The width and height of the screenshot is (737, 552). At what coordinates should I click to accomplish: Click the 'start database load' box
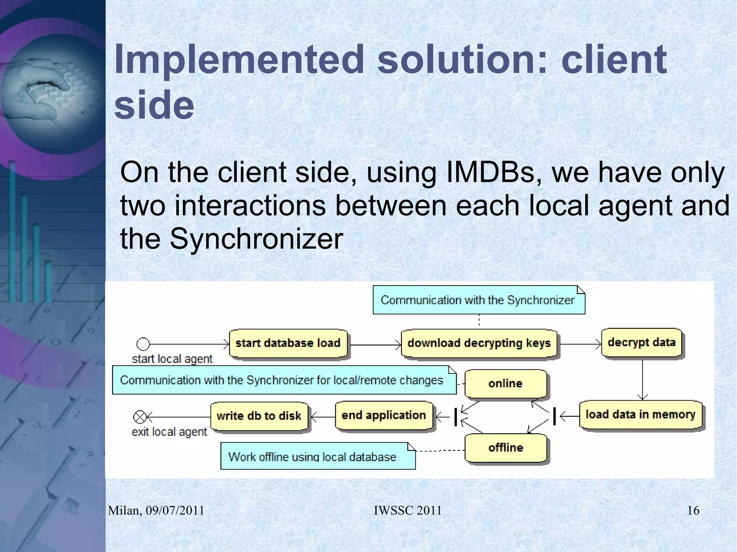[x=288, y=343]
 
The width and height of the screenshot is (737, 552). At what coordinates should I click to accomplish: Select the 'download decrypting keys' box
[x=479, y=343]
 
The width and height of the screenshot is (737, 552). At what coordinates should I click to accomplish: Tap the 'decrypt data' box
[x=642, y=342]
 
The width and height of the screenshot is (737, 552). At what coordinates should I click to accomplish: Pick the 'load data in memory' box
[x=641, y=415]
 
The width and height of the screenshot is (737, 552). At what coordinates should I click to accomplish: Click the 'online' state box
[x=505, y=384]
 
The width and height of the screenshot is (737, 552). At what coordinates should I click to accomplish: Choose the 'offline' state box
[x=506, y=448]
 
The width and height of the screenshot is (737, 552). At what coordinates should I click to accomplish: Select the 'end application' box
[x=384, y=415]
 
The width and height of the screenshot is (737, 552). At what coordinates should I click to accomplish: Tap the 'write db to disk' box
[x=259, y=416]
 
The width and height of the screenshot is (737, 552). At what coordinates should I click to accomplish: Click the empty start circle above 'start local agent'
[x=143, y=344]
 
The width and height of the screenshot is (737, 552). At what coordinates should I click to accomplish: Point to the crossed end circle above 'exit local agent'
[x=140, y=417]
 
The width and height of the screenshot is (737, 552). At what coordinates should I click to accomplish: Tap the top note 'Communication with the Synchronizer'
[x=478, y=300]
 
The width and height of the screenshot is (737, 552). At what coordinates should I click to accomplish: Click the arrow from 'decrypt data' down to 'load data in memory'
[x=642, y=379]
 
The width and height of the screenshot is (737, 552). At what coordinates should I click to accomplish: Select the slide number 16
[x=693, y=510]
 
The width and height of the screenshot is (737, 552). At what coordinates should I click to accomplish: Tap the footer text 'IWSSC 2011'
[x=407, y=510]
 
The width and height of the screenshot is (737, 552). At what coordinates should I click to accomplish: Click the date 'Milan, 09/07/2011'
[x=156, y=510]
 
